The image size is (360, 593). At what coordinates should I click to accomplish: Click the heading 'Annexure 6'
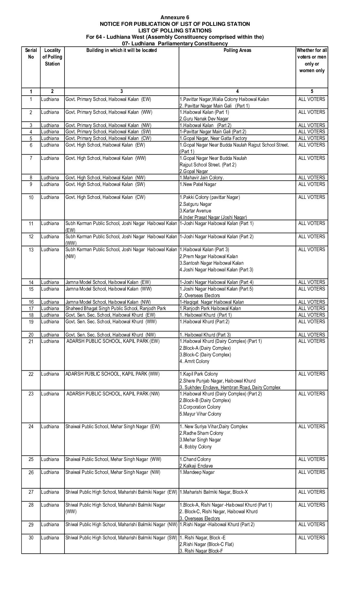175,17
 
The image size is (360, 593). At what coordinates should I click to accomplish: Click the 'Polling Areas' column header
237,50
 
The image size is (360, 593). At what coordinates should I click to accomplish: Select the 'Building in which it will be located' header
121,50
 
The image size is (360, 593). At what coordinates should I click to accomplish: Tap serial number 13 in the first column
31,250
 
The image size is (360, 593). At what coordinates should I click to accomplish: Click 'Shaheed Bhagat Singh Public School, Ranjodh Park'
116,308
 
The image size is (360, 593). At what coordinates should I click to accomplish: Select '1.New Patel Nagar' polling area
198,184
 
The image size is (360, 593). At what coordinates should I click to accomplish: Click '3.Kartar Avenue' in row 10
195,211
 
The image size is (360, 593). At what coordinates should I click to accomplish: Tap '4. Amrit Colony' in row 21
195,361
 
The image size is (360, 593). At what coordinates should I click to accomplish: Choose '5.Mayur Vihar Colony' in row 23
200,414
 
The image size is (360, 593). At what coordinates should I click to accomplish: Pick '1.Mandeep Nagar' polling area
197,472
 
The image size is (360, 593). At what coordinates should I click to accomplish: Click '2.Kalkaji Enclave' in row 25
196,466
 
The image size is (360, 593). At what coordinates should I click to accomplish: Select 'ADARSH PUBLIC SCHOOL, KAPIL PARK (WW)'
112,374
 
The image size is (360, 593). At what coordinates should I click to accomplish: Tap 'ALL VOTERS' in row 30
312,538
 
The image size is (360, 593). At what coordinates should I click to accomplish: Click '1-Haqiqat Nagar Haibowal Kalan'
212,302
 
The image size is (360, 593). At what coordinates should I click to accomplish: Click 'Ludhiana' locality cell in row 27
50,492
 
